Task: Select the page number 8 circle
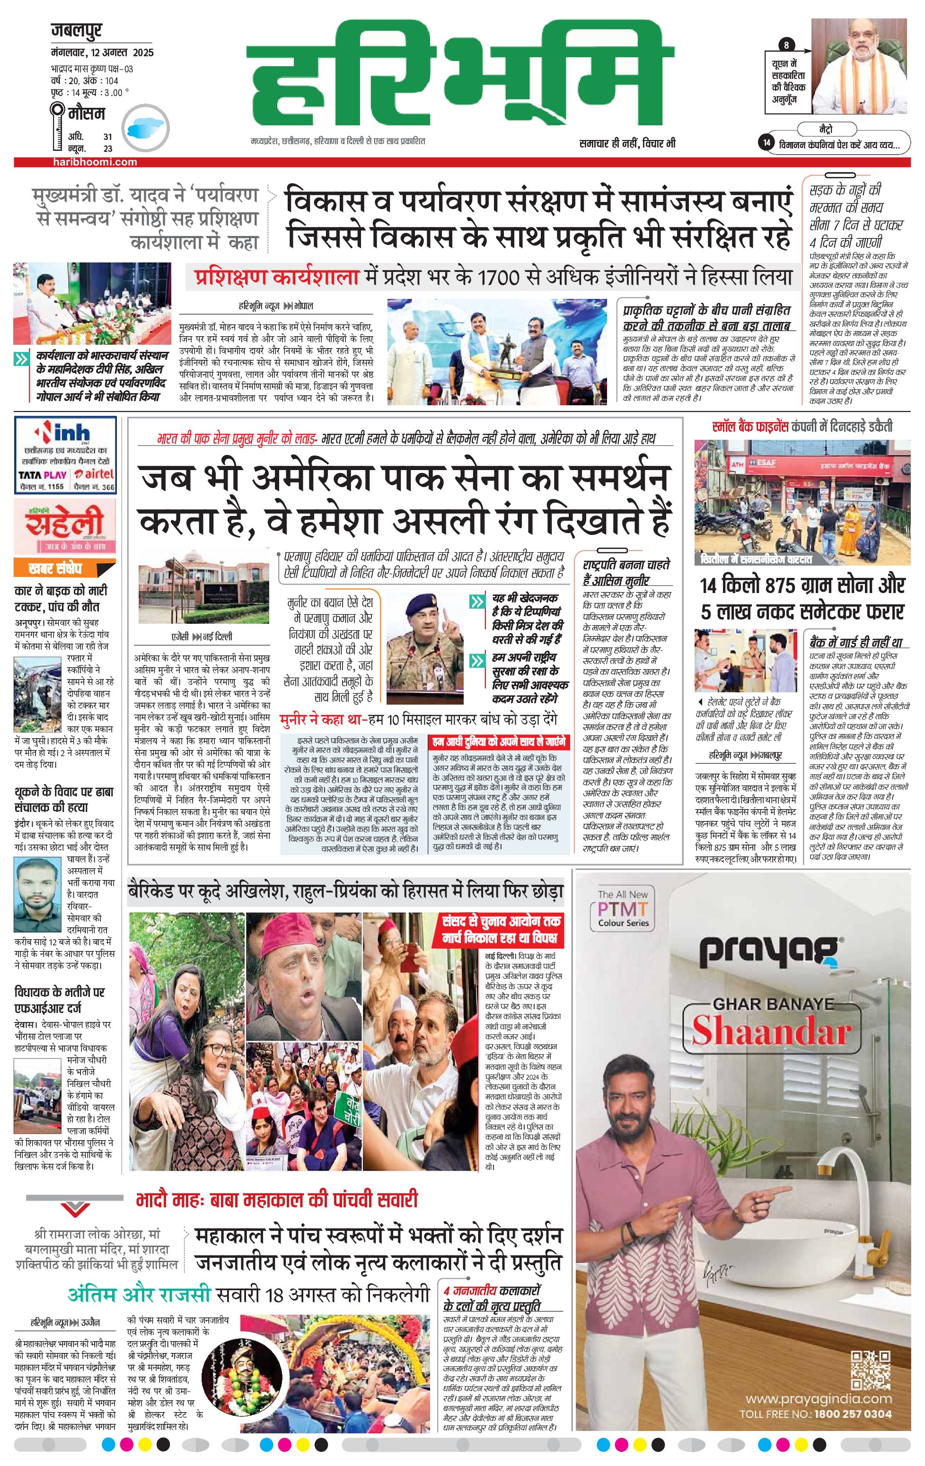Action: [787, 45]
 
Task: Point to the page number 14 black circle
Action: [766, 142]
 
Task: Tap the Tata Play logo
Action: [42, 475]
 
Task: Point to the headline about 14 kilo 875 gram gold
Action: [802, 598]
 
